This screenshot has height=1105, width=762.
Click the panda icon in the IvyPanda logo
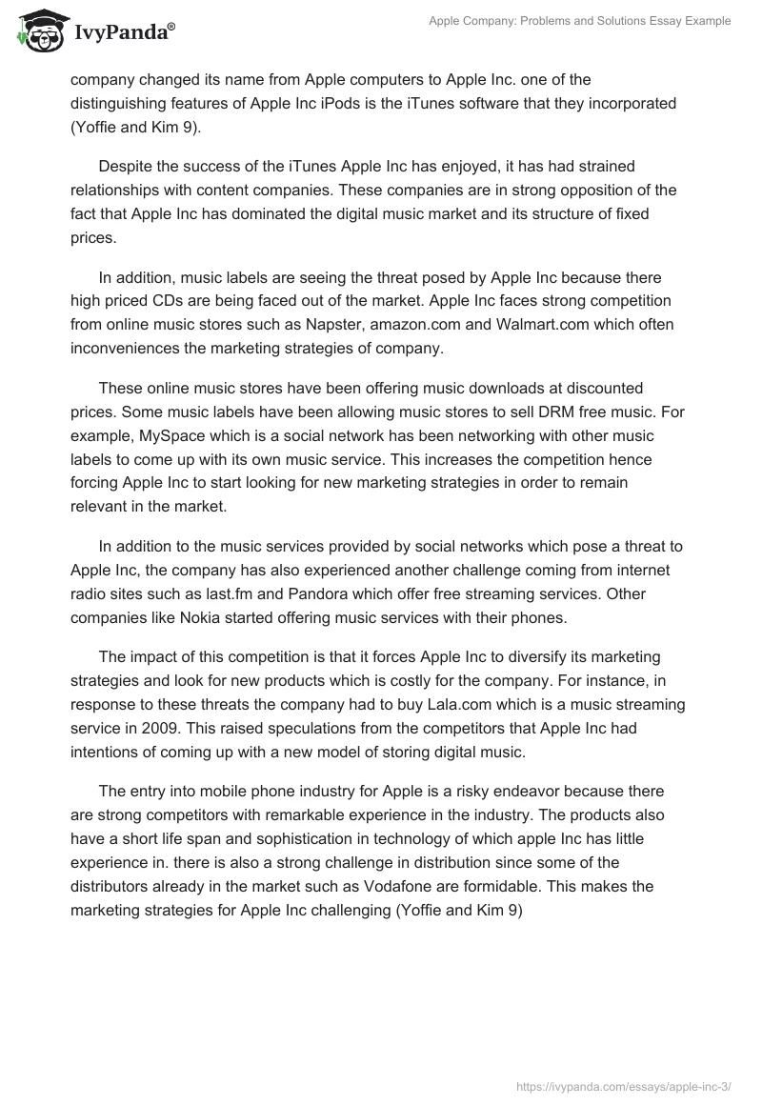(x=38, y=31)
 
